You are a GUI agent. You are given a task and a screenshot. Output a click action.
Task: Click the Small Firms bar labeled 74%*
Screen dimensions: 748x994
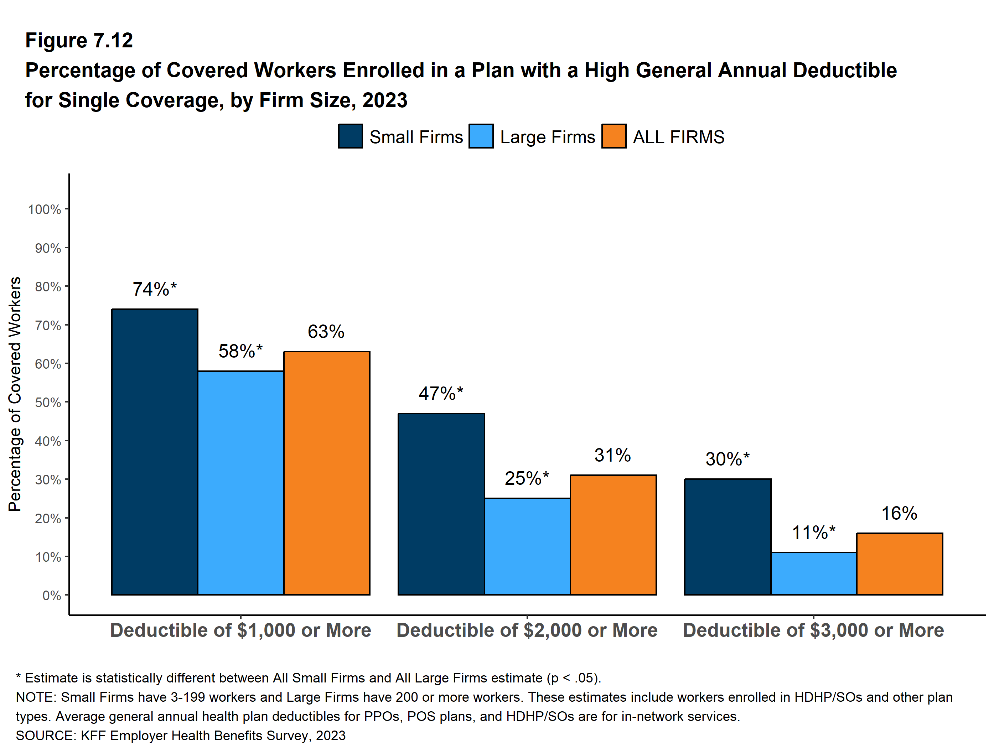click(155, 452)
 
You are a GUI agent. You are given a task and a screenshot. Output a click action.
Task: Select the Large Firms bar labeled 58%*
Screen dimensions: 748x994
click(240, 483)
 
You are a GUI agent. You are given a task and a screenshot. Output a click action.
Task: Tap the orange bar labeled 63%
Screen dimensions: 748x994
click(327, 473)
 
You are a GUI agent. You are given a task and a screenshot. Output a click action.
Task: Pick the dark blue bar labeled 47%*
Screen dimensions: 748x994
click(441, 504)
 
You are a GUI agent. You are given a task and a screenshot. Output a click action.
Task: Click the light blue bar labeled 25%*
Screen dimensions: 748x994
click(527, 546)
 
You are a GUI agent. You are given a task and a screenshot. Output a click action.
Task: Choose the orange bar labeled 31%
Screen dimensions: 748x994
click(613, 535)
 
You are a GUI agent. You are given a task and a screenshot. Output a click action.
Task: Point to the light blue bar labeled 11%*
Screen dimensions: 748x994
click(813, 574)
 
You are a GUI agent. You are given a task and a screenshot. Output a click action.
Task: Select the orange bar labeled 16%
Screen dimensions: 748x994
click(899, 564)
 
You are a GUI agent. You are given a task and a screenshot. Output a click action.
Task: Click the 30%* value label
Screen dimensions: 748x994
click(727, 459)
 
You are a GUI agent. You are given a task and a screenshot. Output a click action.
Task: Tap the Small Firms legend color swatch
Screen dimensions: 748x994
click(350, 136)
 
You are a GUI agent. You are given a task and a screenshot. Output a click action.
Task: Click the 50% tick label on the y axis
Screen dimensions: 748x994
click(48, 402)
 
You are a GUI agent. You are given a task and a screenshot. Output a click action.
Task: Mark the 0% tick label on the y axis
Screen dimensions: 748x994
click(51, 596)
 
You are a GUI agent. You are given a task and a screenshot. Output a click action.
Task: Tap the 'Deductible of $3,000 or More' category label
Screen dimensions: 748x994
click(813, 630)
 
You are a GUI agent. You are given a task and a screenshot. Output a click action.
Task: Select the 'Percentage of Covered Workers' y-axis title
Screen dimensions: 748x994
click(15, 394)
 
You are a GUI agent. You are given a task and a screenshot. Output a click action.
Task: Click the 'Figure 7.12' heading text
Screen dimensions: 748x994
click(79, 41)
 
